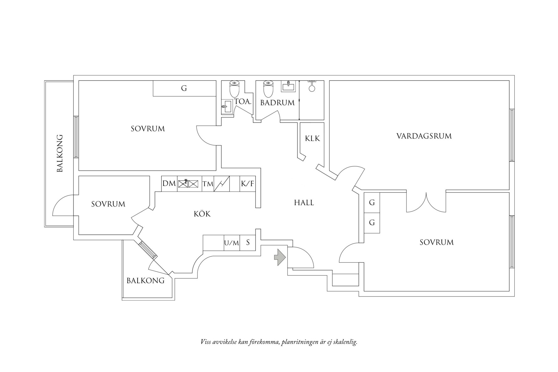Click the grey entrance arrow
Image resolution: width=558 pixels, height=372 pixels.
[x=280, y=257]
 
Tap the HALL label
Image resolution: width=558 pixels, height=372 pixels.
[x=304, y=203]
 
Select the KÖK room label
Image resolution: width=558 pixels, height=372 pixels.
[x=202, y=214]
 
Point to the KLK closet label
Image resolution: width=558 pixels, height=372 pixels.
[x=312, y=138]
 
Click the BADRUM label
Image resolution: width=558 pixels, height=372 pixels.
[x=277, y=103]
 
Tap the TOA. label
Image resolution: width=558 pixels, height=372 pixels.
[x=243, y=102]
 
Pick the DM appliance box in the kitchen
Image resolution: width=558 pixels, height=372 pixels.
[x=169, y=184]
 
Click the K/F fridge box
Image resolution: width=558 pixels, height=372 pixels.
[x=247, y=184]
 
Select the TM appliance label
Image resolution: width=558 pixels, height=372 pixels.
[x=208, y=184]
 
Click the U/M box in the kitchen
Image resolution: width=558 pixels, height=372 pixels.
[x=232, y=243]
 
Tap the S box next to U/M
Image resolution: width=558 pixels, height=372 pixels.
[x=248, y=243]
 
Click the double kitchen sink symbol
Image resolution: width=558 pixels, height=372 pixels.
[x=188, y=183]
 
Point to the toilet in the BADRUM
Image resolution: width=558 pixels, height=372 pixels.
[x=268, y=89]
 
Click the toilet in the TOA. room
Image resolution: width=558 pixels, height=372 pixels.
[x=234, y=89]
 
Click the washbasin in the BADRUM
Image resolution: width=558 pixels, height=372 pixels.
[x=288, y=86]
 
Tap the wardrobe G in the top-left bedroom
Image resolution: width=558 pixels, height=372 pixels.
[x=184, y=88]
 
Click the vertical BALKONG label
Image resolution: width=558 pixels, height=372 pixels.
[x=60, y=153]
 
